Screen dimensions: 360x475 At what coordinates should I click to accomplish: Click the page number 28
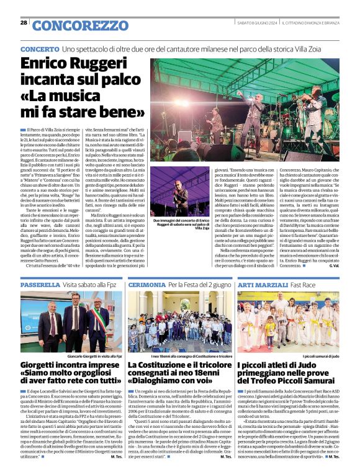point(24,23)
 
